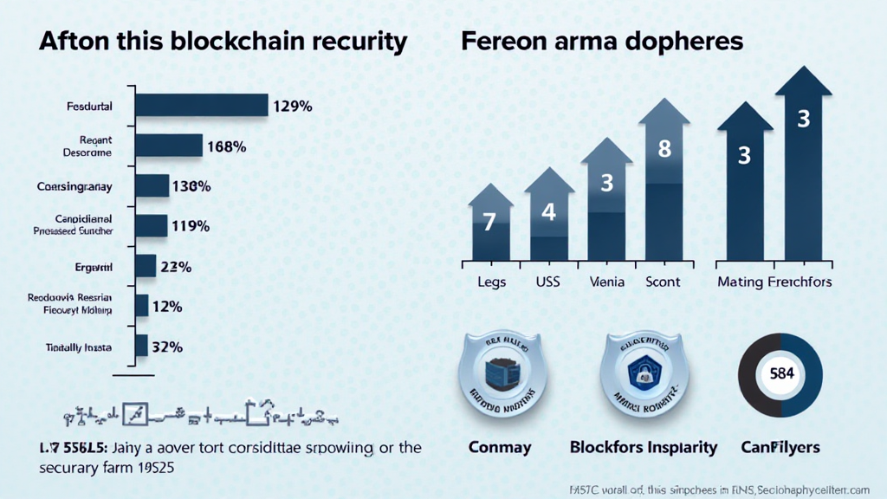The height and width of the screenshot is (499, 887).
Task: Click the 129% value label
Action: [x=292, y=107]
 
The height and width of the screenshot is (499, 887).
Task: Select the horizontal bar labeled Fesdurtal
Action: [x=202, y=106]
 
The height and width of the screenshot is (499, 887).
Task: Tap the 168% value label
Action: [x=227, y=147]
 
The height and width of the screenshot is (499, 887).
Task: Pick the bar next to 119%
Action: [x=152, y=226]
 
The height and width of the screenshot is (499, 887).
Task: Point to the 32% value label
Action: [x=166, y=347]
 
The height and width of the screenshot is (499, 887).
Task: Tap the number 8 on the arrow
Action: [x=664, y=149]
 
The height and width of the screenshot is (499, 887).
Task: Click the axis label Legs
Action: [x=492, y=282]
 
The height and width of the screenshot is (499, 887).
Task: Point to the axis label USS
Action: [x=547, y=282]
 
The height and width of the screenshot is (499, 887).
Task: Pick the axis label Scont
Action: [x=663, y=282]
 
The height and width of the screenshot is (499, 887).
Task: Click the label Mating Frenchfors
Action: [x=774, y=282]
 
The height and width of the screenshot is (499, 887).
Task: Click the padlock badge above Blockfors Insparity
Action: [x=644, y=374]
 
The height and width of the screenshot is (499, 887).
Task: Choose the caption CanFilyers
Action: [x=780, y=448]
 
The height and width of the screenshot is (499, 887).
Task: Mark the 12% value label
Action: [x=165, y=306]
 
